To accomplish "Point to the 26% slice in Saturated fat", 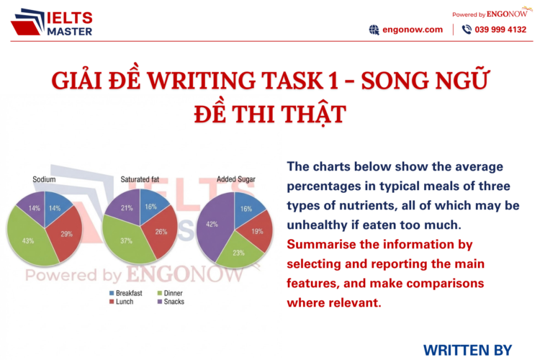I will pyautogui.click(x=161, y=232).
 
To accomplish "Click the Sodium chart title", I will pyautogui.click(x=45, y=179).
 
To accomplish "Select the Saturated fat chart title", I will pyautogui.click(x=140, y=179).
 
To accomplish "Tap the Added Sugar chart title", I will pyautogui.click(x=236, y=179).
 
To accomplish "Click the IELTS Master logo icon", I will pyautogui.click(x=27, y=22).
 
